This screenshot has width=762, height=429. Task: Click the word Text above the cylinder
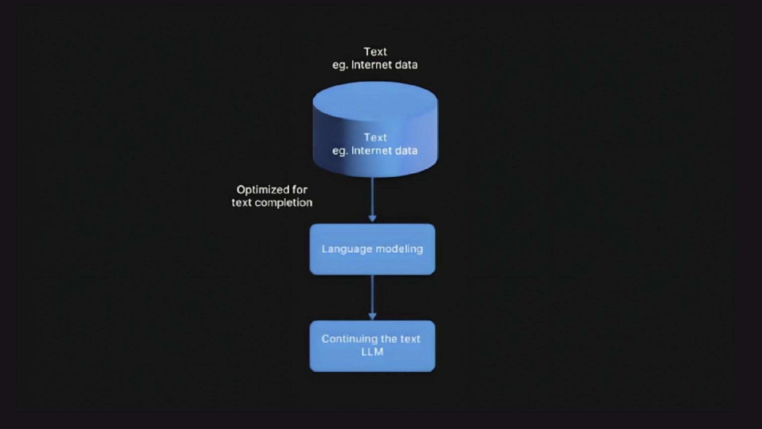[375, 52]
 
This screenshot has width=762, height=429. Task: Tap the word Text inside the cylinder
[375, 138]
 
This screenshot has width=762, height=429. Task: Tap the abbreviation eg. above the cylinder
[340, 65]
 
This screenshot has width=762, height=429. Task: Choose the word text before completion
[242, 203]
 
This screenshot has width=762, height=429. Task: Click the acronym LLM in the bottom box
[372, 352]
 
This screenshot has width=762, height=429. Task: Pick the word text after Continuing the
[410, 339]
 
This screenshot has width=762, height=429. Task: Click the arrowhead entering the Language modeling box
[372, 218]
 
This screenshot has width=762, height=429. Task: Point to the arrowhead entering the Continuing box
[372, 316]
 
